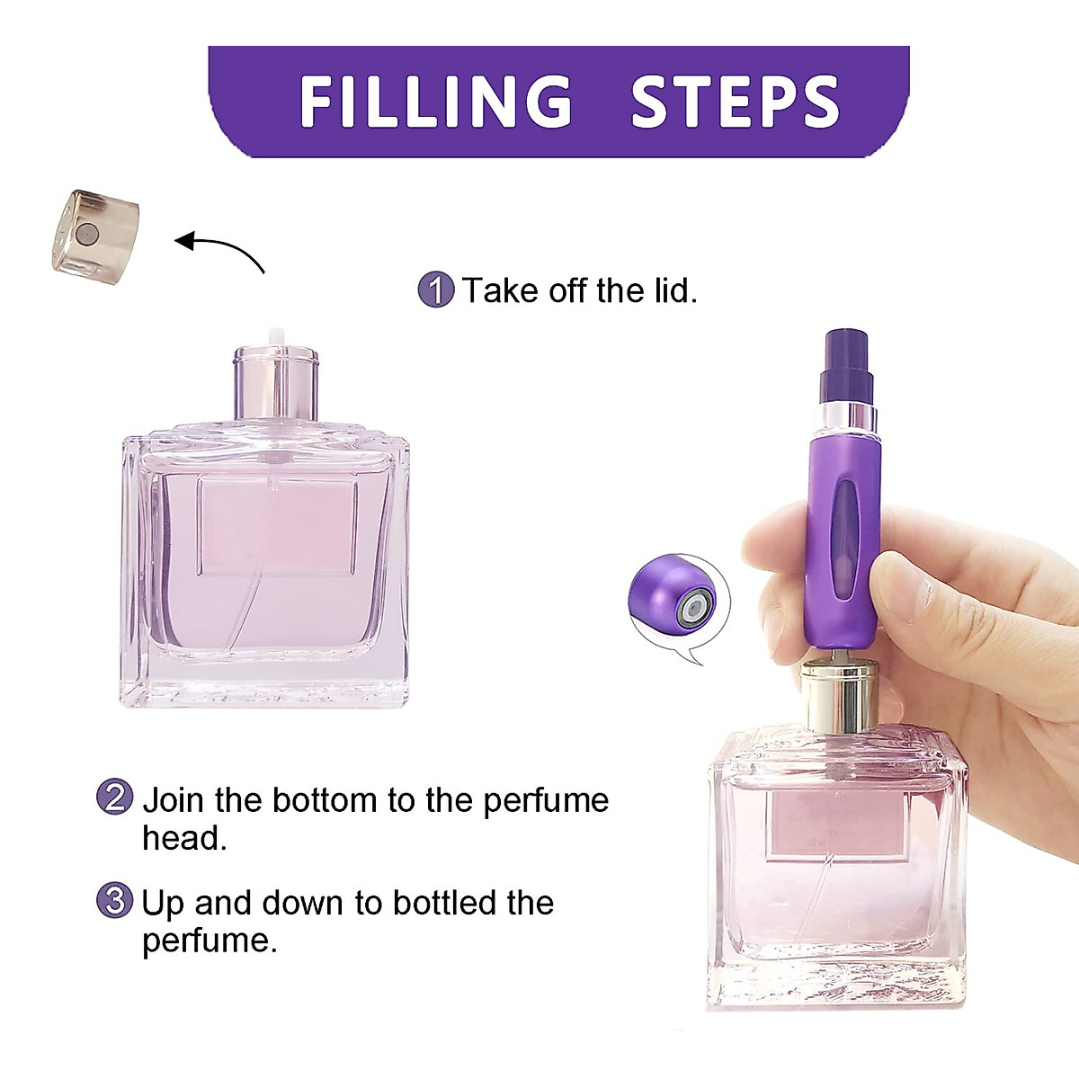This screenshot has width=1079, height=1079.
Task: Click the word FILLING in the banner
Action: [x=436, y=101]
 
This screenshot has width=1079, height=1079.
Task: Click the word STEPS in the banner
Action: [x=735, y=101]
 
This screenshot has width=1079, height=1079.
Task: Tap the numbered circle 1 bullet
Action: [x=436, y=290]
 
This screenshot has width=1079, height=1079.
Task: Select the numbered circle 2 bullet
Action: [x=114, y=798]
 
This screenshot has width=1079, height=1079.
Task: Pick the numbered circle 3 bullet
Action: [x=114, y=901]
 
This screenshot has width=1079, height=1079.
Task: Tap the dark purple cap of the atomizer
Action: [x=846, y=366]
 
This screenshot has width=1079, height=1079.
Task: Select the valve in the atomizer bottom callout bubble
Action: [x=693, y=609]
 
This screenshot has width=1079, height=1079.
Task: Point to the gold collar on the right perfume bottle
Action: [x=841, y=696]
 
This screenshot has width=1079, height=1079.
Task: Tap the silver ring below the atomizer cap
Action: [x=845, y=416]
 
